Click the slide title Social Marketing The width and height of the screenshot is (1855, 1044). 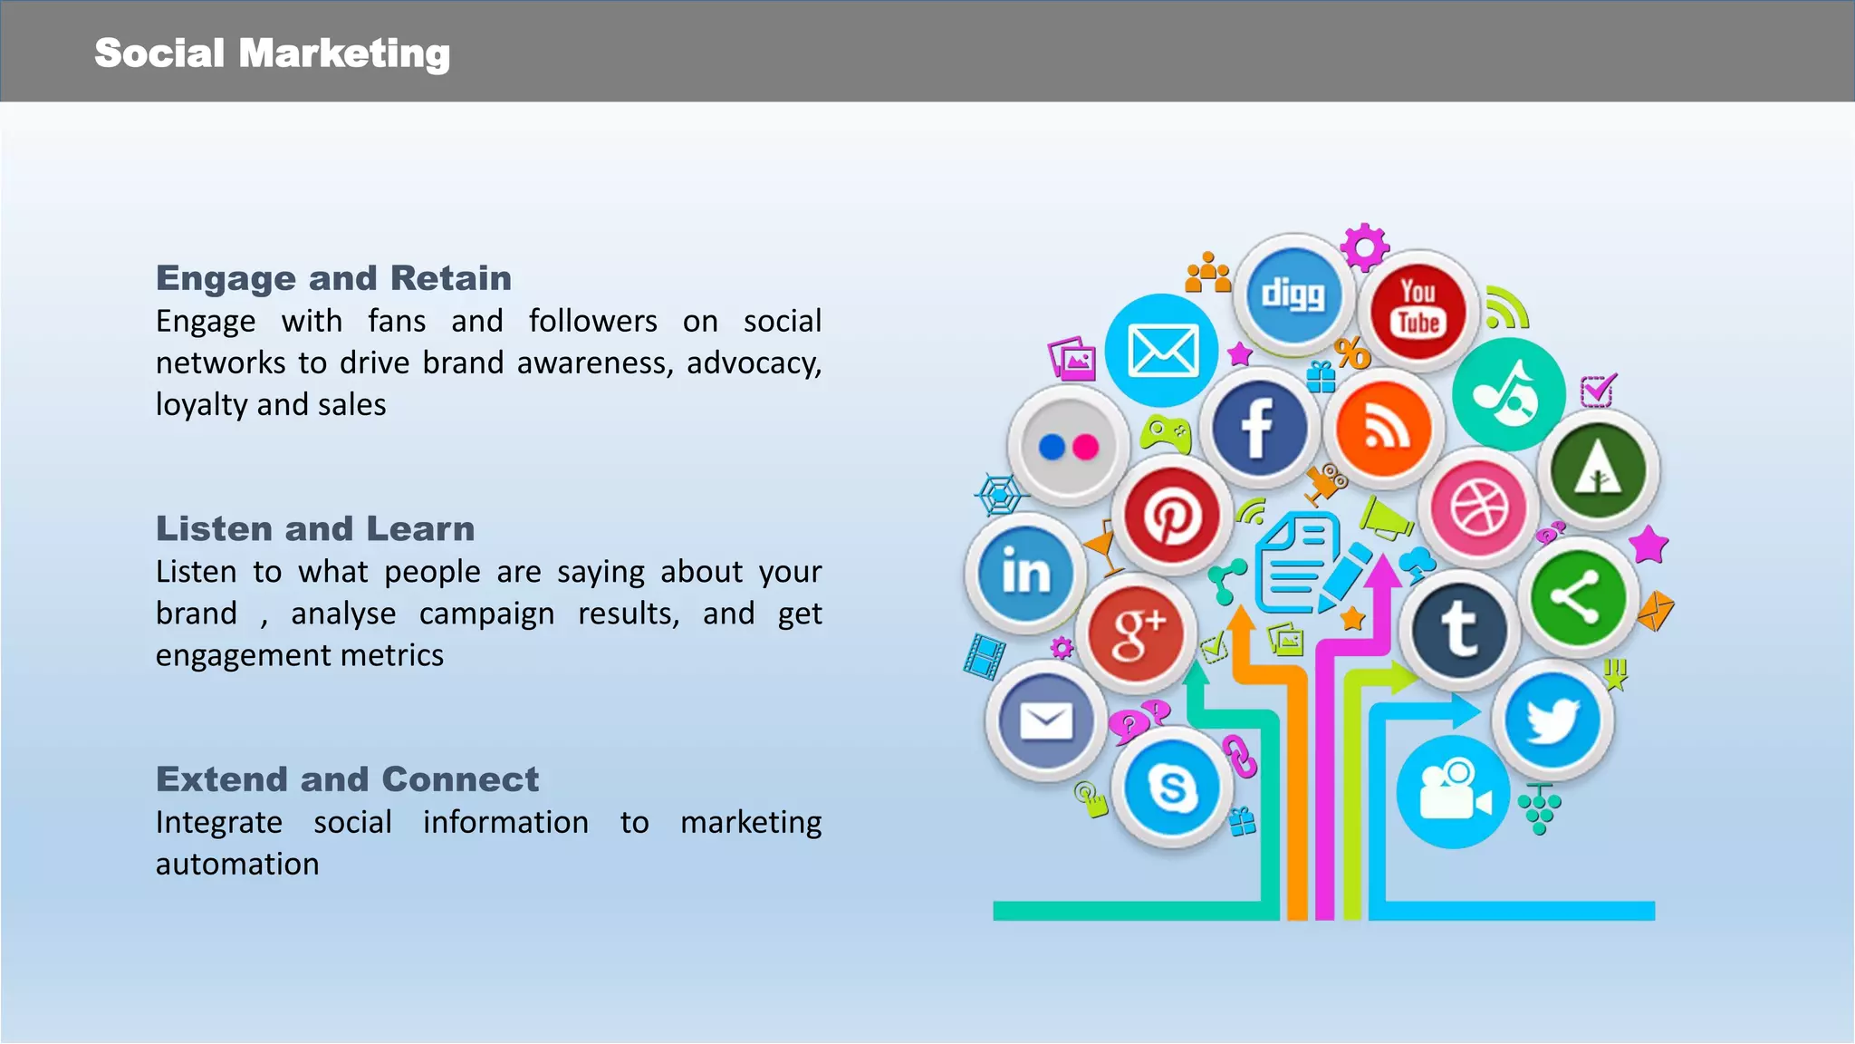272,53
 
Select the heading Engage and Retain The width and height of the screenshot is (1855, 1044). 333,278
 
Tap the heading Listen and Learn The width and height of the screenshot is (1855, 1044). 315,528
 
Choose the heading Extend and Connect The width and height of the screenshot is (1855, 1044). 347,779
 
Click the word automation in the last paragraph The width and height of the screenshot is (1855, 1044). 237,864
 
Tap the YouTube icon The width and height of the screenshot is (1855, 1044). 1418,308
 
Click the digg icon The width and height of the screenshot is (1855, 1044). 1293,294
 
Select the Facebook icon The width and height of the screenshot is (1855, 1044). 1258,428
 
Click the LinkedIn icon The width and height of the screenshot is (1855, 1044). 1025,573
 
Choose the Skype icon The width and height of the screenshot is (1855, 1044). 1171,787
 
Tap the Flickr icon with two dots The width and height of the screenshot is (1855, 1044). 1069,446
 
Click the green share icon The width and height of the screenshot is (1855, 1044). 1577,597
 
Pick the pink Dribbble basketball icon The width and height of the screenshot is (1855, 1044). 1479,507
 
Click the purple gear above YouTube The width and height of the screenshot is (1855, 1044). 1364,246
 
